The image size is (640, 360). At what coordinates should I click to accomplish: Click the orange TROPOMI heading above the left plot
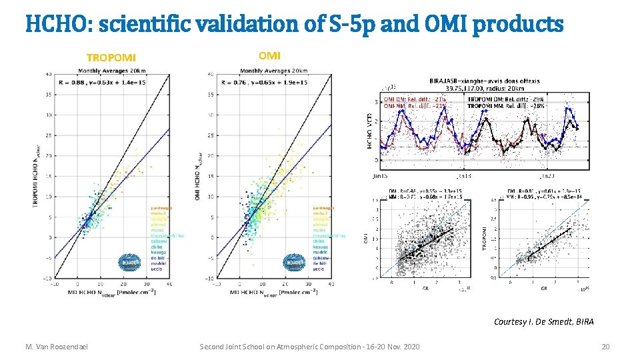(x=111, y=57)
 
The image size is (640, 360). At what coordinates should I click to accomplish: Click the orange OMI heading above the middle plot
(x=269, y=55)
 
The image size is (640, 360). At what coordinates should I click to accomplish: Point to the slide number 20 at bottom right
(x=605, y=347)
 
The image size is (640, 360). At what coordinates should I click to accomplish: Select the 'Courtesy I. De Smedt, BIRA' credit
(x=543, y=321)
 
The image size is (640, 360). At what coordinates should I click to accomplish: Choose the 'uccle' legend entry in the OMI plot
(x=319, y=269)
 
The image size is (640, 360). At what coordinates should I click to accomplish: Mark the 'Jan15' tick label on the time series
(x=381, y=176)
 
